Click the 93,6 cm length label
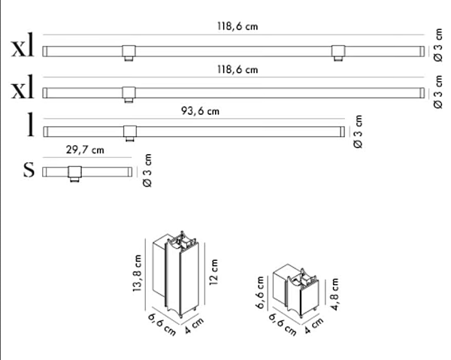[x=200, y=111]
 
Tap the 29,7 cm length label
[x=85, y=150]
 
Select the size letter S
[x=29, y=170]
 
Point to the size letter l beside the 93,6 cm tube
[x=30, y=124]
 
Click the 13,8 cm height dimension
[x=138, y=273]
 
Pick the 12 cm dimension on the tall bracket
[x=213, y=272]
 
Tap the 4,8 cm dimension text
[x=334, y=294]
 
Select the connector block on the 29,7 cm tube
[x=74, y=174]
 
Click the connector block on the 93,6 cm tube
[x=130, y=133]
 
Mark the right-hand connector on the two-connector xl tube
[x=338, y=53]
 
